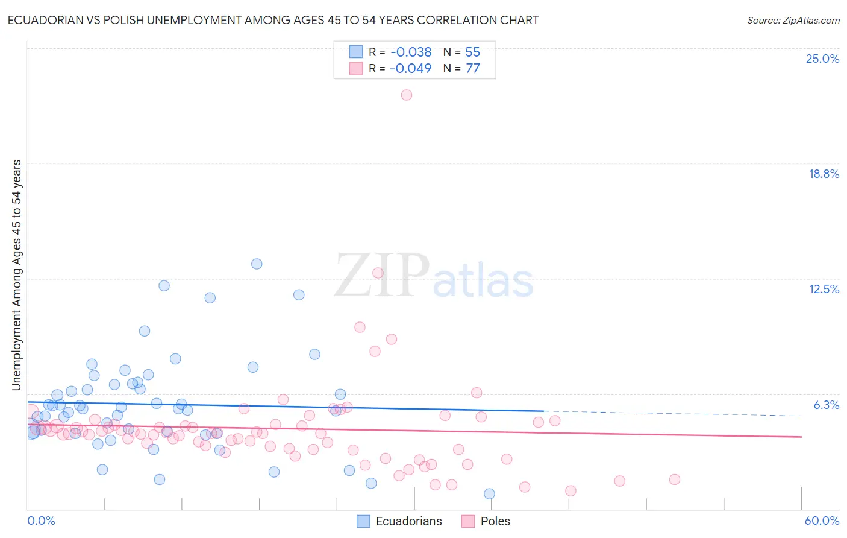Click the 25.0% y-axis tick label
pyautogui.click(x=822, y=59)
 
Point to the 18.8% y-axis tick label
pyautogui.click(x=824, y=174)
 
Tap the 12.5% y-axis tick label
pyautogui.click(x=824, y=289)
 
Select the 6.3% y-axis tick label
pyautogui.click(x=826, y=405)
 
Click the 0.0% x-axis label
pyautogui.click(x=41, y=521)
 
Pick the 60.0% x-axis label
pyautogui.click(x=822, y=521)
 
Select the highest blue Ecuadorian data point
pyautogui.click(x=257, y=264)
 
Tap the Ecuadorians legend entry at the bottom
pyautogui.click(x=399, y=521)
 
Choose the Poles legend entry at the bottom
pyautogui.click(x=486, y=521)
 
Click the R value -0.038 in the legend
pyautogui.click(x=411, y=52)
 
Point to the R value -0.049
pyautogui.click(x=411, y=69)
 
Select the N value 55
pyautogui.click(x=472, y=52)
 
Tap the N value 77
pyautogui.click(x=472, y=69)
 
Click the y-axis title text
pyautogui.click(x=17, y=275)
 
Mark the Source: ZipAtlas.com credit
pyautogui.click(x=793, y=21)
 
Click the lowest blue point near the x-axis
pyautogui.click(x=489, y=493)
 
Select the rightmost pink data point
pyautogui.click(x=675, y=479)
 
